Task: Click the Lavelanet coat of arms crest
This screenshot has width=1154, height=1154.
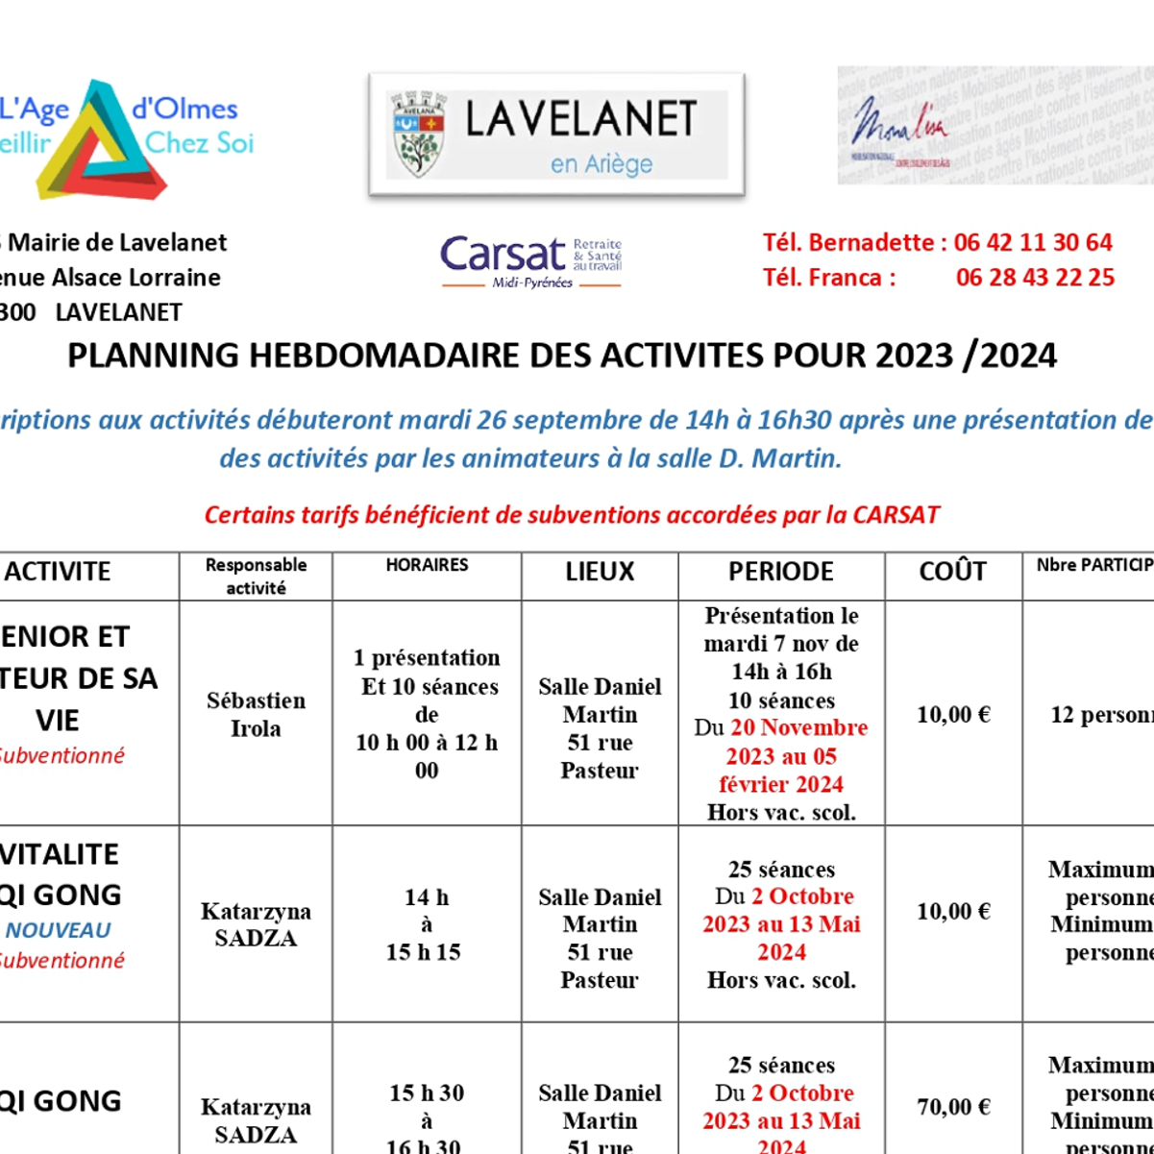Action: point(419,134)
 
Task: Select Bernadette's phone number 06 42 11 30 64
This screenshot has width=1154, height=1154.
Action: point(1033,242)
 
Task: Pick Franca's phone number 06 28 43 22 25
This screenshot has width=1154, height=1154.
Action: point(1035,278)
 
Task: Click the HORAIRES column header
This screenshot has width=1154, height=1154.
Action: point(427,565)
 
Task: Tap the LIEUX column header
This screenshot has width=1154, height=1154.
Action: point(600,572)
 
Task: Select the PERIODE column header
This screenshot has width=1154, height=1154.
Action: point(781,572)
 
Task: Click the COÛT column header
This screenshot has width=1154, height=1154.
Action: point(952,572)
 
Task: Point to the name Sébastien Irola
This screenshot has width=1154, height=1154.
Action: point(256,714)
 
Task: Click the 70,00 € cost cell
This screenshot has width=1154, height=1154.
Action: point(953,1107)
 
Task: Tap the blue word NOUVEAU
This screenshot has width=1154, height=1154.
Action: point(59,930)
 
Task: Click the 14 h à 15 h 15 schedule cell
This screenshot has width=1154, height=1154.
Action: point(426,924)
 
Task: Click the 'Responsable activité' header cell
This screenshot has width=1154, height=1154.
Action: point(256,577)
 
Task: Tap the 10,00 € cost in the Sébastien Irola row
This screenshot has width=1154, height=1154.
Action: point(953,714)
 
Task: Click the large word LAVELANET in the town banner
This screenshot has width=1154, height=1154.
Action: point(580,119)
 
